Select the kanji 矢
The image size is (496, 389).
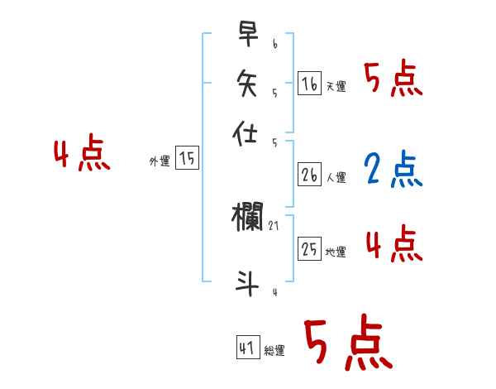(x=247, y=83)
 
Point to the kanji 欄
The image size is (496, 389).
(x=249, y=218)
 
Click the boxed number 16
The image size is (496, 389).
(x=309, y=83)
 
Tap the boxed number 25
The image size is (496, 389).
(x=309, y=248)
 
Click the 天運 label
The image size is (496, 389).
(x=336, y=86)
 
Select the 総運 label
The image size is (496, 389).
(x=274, y=351)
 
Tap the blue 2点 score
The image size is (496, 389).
(x=393, y=170)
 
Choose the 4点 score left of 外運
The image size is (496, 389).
(x=82, y=155)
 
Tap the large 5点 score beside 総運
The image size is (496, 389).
(x=347, y=343)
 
